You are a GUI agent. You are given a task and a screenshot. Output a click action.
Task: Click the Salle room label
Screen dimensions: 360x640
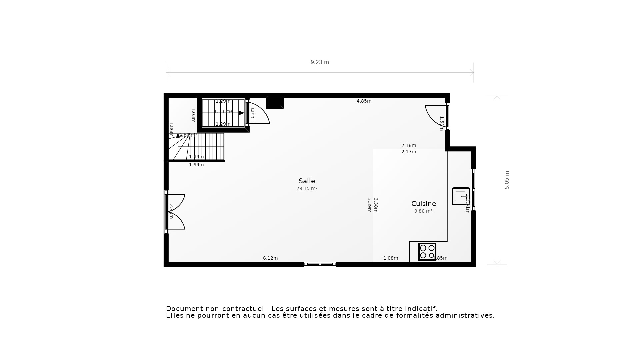[307, 181]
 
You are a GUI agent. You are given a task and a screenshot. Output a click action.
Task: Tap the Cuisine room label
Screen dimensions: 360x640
[423, 204]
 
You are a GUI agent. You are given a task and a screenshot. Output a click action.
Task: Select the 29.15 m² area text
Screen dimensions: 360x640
[307, 189]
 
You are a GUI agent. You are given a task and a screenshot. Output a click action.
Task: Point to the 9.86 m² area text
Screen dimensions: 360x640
[423, 211]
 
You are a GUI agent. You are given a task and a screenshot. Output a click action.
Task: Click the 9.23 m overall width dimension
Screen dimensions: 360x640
[320, 62]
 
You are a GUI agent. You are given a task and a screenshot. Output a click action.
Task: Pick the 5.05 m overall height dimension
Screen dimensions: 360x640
[507, 180]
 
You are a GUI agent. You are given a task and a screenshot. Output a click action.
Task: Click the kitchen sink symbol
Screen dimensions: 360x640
[461, 196]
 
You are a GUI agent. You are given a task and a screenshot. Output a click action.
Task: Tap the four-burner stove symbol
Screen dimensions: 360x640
[427, 252]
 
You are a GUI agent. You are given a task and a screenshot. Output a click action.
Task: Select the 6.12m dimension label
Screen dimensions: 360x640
[270, 258]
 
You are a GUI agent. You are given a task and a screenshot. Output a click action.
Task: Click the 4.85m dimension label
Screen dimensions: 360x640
[364, 101]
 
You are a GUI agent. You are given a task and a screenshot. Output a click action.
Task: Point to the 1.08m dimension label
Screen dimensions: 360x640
[391, 258]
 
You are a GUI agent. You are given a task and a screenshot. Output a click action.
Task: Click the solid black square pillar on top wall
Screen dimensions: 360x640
[275, 102]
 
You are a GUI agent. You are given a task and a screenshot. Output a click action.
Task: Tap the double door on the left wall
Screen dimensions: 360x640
[175, 212]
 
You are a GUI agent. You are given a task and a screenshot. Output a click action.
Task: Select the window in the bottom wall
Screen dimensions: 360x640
[320, 264]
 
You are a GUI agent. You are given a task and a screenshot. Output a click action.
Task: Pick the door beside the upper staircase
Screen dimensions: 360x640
[258, 113]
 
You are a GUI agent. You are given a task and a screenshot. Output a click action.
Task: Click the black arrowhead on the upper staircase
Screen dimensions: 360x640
[241, 113]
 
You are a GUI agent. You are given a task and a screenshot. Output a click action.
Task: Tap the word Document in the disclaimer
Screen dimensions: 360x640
[184, 309]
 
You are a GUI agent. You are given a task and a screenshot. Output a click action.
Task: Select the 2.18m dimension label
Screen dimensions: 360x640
[409, 145]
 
